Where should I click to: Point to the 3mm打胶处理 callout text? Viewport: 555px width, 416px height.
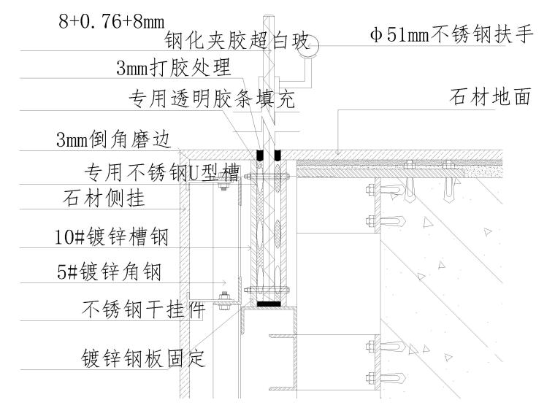173,69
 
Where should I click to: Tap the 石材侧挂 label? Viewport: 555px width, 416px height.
103,198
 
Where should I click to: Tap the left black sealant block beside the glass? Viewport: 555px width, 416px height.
259,155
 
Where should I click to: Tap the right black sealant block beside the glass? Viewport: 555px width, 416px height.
278,155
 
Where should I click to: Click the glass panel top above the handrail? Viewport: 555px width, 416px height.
269,18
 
